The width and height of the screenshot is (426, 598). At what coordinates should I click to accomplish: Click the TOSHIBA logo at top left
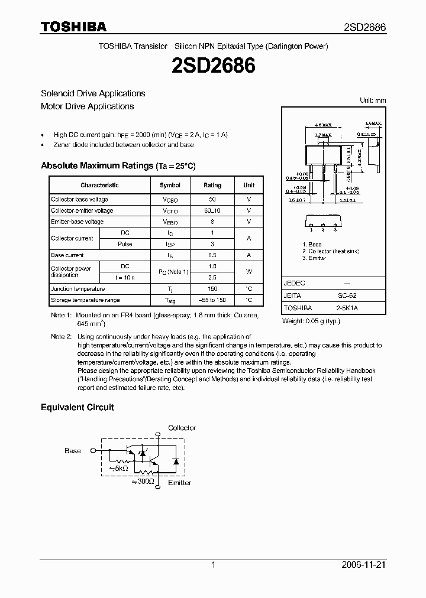(73, 27)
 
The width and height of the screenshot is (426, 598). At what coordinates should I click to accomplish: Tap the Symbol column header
(170, 185)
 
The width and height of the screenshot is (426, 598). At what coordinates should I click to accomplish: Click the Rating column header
(212, 185)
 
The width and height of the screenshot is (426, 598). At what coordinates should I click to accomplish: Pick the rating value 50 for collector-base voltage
(212, 200)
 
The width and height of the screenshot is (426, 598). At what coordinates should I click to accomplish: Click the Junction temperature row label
(78, 289)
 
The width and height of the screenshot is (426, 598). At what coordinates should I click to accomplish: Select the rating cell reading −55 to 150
(212, 300)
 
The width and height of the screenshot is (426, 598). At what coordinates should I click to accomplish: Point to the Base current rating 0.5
(212, 255)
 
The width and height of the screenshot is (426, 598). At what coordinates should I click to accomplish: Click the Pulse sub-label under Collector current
(125, 244)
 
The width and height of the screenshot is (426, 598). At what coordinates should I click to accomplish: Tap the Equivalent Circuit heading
(77, 407)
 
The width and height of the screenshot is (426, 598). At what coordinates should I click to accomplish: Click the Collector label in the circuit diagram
(182, 428)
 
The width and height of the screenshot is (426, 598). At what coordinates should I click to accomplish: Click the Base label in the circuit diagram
(73, 451)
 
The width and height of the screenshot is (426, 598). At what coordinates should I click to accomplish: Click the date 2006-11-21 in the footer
(363, 565)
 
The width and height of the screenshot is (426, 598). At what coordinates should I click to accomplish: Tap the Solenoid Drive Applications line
(93, 93)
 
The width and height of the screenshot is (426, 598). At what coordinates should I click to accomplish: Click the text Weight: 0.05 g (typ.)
(311, 321)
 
